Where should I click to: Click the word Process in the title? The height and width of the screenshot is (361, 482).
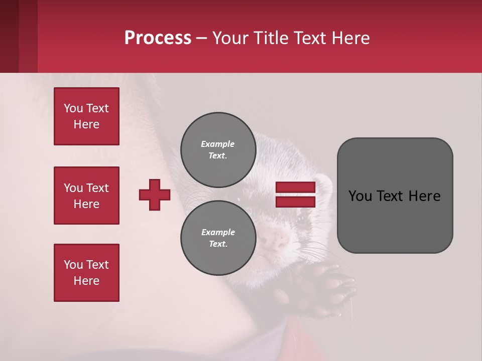coord(158,38)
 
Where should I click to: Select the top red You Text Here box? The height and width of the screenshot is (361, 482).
coord(86,116)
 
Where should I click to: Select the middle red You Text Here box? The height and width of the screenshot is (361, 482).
coord(86,196)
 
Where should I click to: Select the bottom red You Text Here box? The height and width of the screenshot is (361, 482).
coord(86,273)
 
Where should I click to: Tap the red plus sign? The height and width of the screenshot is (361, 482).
coord(155,195)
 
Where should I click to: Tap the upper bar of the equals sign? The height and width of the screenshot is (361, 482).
coord(295,188)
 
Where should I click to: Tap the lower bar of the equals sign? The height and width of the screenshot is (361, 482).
coord(295,202)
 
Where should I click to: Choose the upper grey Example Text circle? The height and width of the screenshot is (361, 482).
coord(218,150)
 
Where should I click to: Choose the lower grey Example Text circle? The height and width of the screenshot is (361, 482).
coord(218,238)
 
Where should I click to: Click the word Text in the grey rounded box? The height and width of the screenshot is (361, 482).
coord(391,196)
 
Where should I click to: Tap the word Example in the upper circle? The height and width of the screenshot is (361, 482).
coord(218,144)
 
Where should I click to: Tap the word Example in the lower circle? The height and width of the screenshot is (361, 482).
coord(218,232)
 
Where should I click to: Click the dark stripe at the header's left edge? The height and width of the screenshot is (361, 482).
coord(9,36)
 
